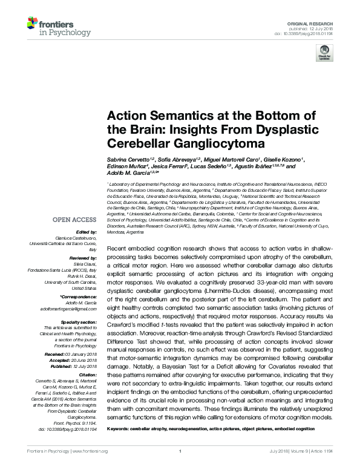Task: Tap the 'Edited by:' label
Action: (87, 232)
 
